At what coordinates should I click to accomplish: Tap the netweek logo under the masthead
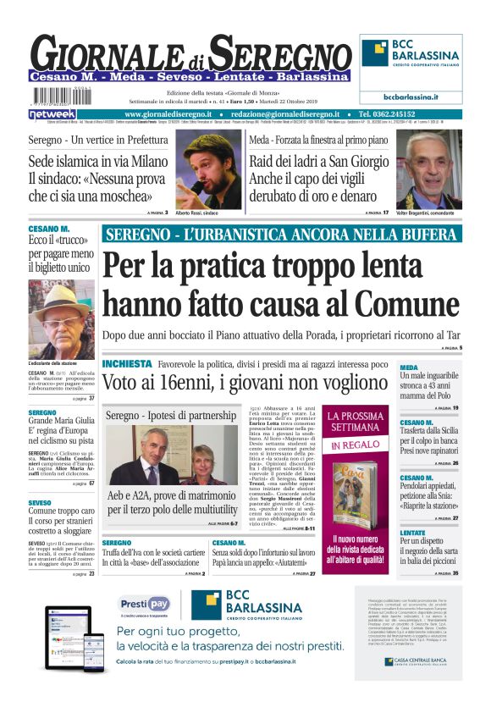pos(52,113)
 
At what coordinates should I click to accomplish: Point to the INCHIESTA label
pos(127,364)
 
